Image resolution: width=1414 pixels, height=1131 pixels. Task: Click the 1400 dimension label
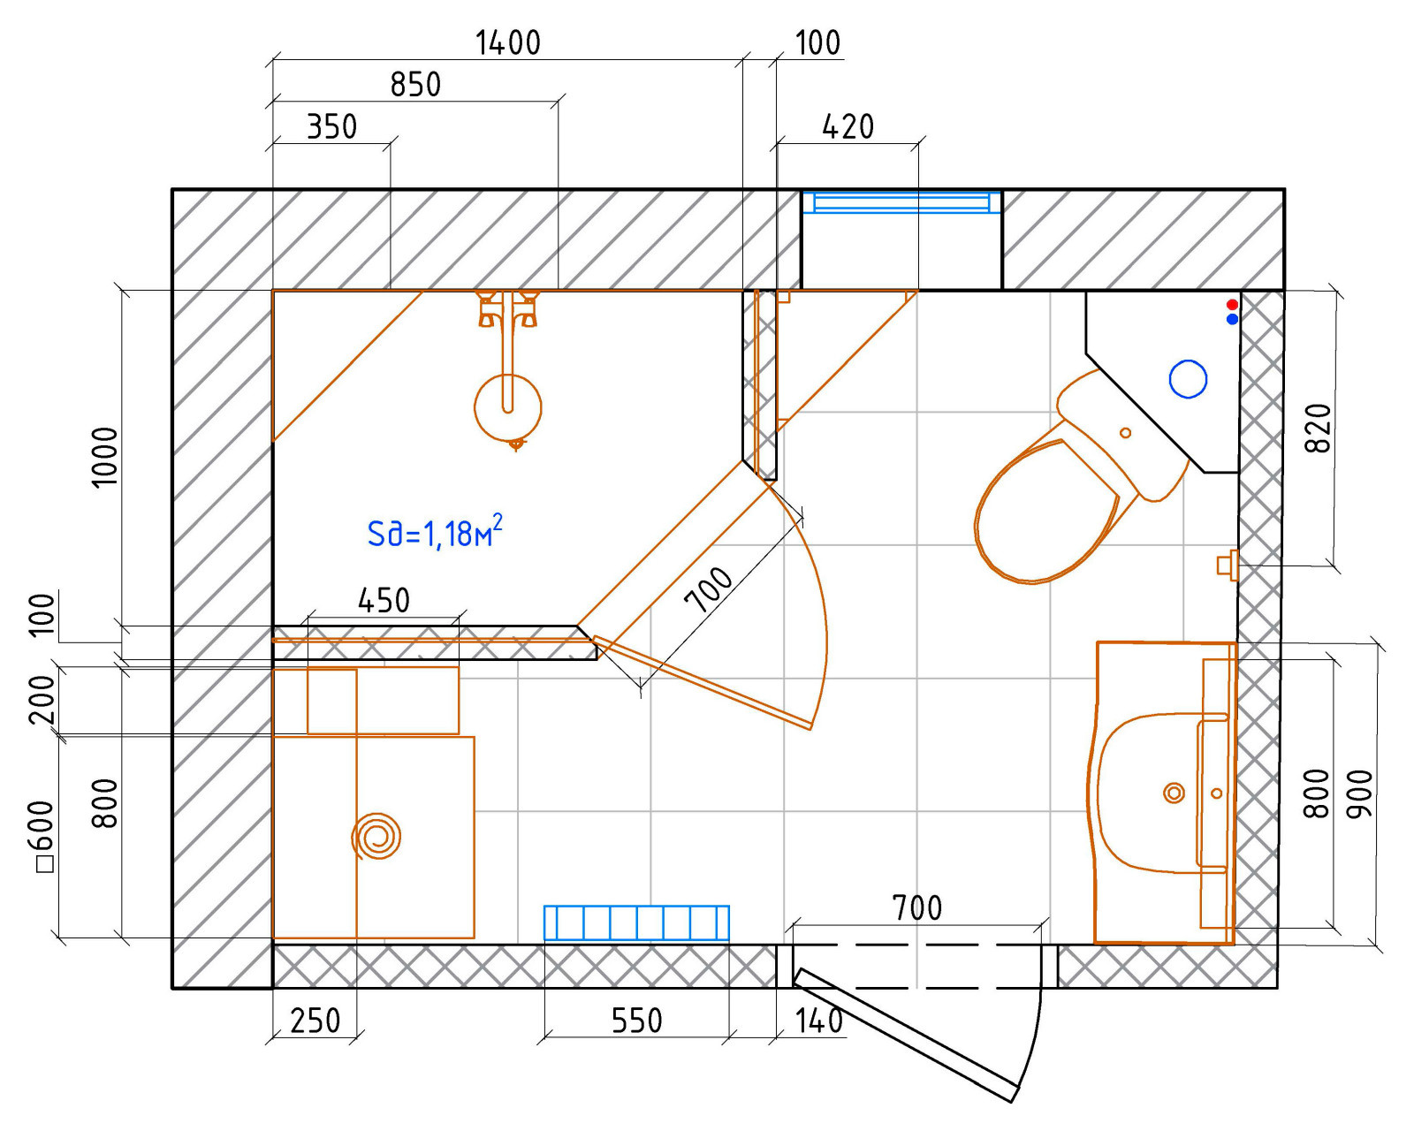point(508,43)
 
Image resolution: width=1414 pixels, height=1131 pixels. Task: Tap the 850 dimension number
point(415,86)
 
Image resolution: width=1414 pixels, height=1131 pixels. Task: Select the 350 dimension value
point(331,127)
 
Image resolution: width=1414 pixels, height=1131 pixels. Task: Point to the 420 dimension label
point(848,127)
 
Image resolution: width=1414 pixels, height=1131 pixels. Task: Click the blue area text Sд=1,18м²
point(435,532)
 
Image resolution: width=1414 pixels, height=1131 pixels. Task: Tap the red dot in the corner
point(1232,305)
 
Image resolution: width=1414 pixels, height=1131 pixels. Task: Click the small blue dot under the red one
point(1232,319)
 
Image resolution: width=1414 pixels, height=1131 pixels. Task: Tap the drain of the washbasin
point(1174,793)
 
